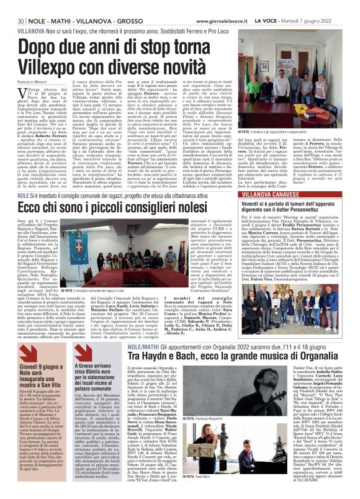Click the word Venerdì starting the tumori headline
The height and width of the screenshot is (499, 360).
click(x=276, y=201)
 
